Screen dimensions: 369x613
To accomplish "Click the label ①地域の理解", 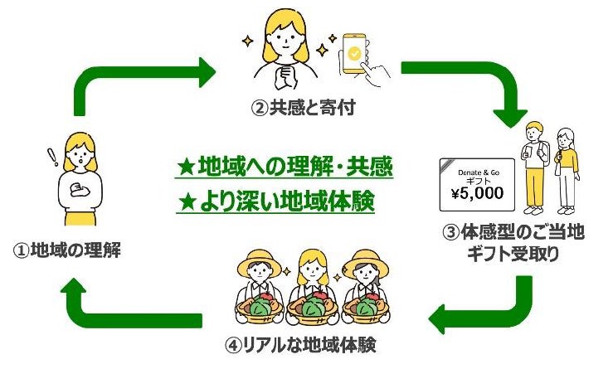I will (x=66, y=249).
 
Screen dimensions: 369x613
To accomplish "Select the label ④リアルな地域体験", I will (x=306, y=342).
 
